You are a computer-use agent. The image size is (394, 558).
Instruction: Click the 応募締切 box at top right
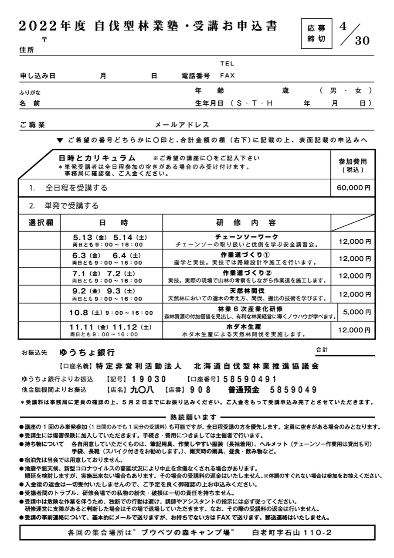tap(316, 34)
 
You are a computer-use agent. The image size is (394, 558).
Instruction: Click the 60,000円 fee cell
tap(353, 188)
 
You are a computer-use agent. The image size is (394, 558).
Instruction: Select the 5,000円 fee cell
tap(357, 312)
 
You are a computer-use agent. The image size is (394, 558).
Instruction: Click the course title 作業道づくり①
tap(247, 255)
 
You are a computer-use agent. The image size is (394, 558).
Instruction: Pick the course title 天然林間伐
tap(247, 291)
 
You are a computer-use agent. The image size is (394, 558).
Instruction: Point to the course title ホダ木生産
tap(247, 327)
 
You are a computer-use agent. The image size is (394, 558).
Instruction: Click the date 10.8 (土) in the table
tap(85, 313)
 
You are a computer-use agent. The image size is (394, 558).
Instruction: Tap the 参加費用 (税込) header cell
tap(353, 165)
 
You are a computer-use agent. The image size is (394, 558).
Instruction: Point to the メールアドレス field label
tap(182, 125)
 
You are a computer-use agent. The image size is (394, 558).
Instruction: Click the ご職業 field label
tap(32, 125)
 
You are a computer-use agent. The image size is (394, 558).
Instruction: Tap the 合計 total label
tap(322, 350)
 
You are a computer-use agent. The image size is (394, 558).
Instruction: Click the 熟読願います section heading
tap(197, 417)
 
